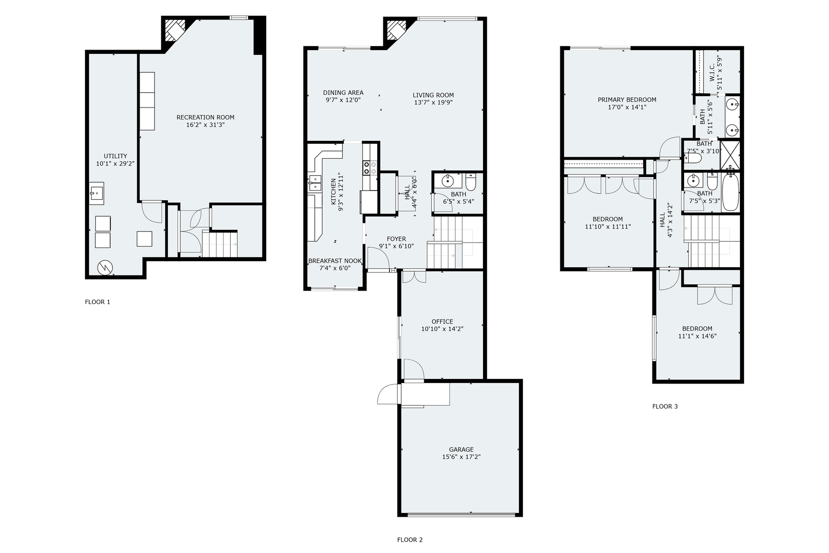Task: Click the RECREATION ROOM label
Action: point(205,117)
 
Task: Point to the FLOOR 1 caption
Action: point(97,302)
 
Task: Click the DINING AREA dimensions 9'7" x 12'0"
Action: point(343,100)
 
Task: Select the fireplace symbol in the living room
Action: point(395,30)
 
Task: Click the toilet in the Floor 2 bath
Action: point(471,182)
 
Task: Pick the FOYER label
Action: point(396,239)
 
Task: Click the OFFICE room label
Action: point(442,322)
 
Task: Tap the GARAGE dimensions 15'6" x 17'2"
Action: point(461,457)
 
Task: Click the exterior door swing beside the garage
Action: point(387,395)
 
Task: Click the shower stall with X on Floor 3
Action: point(731,154)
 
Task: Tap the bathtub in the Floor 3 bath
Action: point(730,192)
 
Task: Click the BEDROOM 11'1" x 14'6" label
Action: point(697,329)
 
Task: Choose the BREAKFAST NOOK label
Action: point(335,261)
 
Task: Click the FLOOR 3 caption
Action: point(665,407)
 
